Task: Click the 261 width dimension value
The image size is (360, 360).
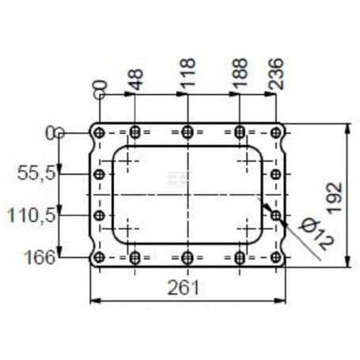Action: (184, 288)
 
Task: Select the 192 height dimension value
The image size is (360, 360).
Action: (334, 197)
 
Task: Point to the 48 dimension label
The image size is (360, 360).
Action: (136, 79)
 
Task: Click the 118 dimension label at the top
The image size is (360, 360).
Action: (188, 73)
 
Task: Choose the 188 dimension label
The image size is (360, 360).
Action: (240, 73)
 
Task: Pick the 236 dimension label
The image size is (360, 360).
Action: (276, 74)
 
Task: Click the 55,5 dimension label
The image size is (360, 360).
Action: (37, 173)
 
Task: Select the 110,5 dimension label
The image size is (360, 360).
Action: (32, 214)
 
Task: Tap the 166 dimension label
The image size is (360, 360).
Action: (40, 257)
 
